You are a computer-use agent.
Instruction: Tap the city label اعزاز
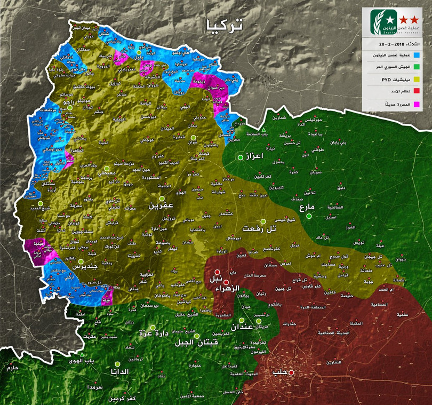tap(255, 157)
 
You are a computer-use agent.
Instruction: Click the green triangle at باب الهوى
tap(82, 355)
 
